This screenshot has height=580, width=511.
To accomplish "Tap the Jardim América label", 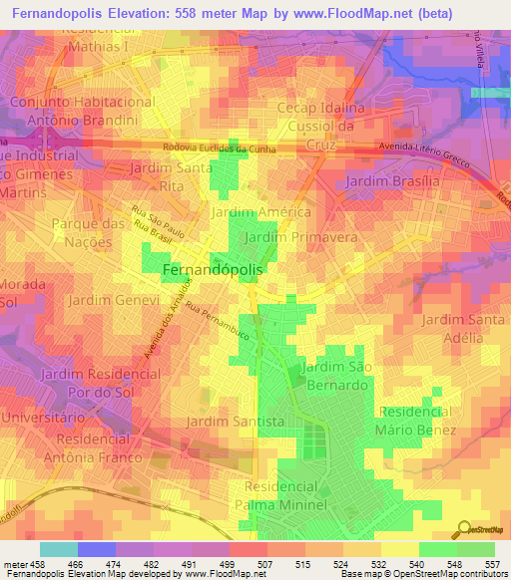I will click(260, 213).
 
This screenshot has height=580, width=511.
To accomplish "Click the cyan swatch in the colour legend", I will click(58, 549).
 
